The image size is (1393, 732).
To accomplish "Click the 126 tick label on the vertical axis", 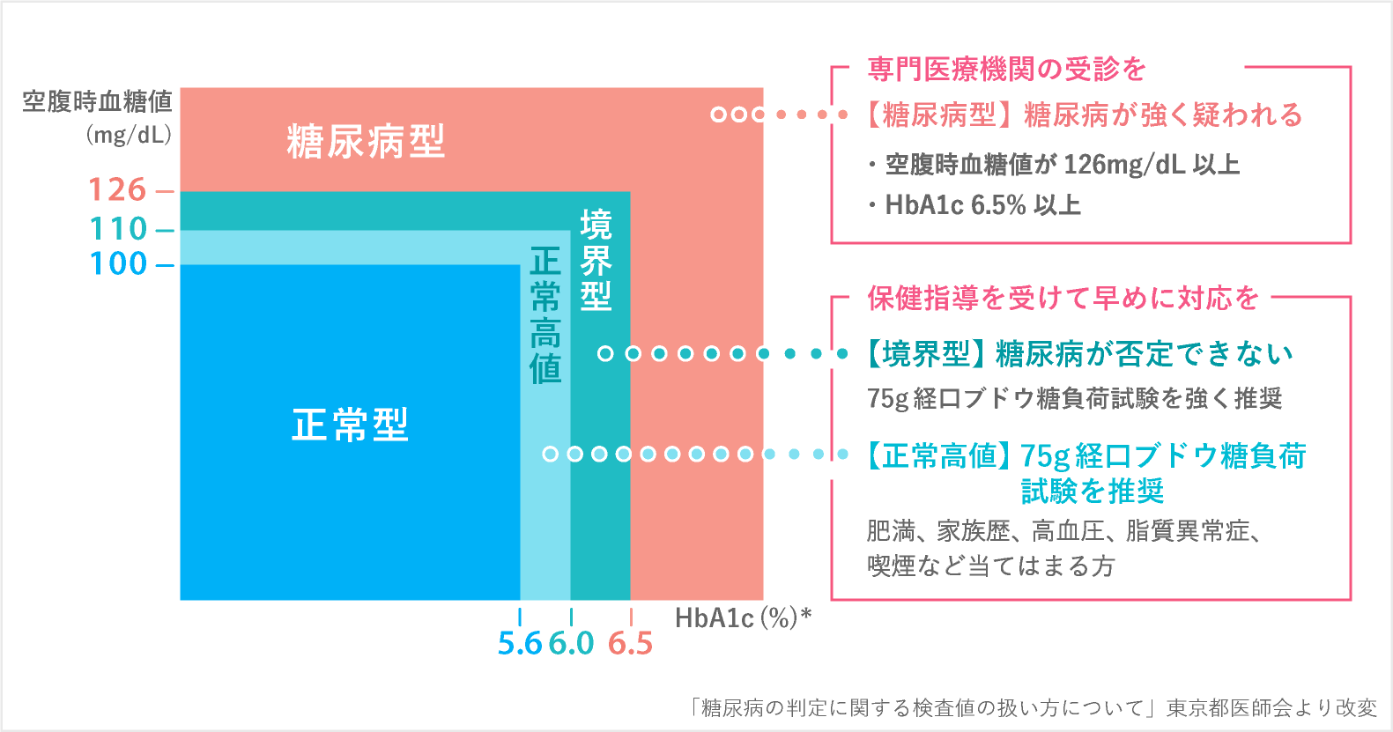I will click(117, 189).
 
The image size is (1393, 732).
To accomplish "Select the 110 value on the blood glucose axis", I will click(118, 229).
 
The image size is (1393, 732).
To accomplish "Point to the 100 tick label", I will click(118, 263).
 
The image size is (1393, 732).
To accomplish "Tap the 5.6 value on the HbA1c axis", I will click(520, 644).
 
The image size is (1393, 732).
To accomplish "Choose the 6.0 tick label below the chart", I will click(571, 644).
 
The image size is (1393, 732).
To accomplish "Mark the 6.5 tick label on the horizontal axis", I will click(630, 644).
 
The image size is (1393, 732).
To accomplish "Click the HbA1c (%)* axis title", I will click(743, 617).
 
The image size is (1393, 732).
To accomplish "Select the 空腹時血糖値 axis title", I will click(97, 101).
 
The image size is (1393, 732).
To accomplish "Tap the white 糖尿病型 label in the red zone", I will click(366, 141).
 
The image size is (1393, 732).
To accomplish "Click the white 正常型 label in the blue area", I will click(350, 425).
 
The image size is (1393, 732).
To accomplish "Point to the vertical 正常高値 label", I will click(545, 314).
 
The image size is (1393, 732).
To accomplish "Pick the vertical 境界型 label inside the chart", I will click(596, 261).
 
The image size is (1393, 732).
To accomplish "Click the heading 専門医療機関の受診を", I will click(1006, 69).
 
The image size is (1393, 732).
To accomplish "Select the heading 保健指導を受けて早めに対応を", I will click(1063, 298).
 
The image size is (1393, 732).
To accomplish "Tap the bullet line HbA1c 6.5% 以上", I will click(974, 205).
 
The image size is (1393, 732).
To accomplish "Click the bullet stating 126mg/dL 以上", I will click(1054, 165).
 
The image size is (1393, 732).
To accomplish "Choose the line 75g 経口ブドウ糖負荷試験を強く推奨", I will click(1074, 398).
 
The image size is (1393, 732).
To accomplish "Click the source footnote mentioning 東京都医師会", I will click(1033, 707).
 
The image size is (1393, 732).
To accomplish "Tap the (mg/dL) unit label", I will click(129, 135).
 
